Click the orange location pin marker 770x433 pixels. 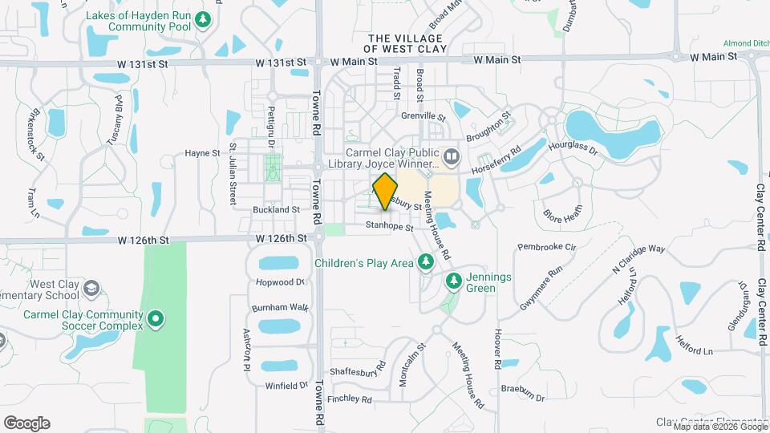pos(386,192)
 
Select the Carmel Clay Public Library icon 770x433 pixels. pos(452,156)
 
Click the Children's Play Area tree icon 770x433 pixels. pos(425,261)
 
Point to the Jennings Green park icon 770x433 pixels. pos(453,281)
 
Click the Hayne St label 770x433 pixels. pos(202,152)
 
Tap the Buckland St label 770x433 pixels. pos(276,209)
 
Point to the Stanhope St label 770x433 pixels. pos(389,228)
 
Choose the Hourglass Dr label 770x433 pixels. pos(573,148)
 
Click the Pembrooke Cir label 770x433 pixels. pos(546,247)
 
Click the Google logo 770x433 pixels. pos(26,423)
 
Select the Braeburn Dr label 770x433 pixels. pos(523,398)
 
